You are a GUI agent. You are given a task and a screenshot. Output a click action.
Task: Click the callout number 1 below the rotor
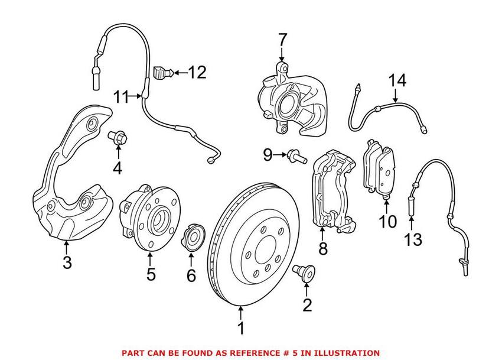pos(240,327)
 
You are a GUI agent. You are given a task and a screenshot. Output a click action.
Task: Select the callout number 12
pos(197,73)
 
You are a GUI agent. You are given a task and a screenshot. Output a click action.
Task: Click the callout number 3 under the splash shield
pos(67,262)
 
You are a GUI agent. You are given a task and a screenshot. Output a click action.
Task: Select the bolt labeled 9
pos(297,157)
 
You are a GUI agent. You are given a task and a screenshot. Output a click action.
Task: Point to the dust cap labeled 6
pos(193,234)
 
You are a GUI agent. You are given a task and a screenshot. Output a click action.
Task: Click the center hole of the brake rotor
pos(260,244)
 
